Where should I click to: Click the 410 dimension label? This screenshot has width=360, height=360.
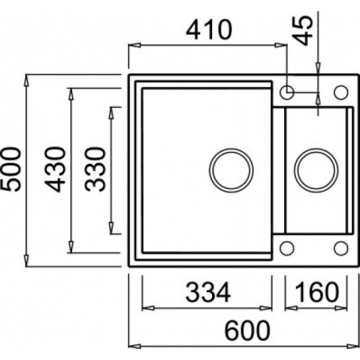209,30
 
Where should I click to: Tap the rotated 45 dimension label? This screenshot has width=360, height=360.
303,30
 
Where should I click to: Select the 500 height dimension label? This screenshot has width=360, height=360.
10,169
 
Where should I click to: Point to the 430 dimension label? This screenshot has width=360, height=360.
55,169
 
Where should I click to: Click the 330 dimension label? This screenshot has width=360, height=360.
95,169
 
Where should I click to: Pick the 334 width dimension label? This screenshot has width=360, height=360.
208,292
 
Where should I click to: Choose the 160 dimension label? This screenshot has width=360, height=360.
316,292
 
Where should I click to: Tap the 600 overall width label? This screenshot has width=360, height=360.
248,331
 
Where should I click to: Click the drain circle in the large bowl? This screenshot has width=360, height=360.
231,170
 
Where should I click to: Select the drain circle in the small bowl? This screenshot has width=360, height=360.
316,170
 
